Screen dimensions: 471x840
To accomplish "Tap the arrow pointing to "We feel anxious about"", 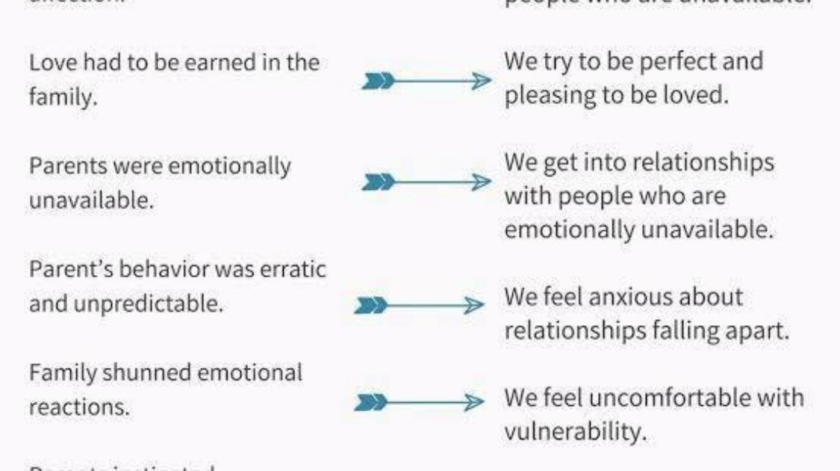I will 421,306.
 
